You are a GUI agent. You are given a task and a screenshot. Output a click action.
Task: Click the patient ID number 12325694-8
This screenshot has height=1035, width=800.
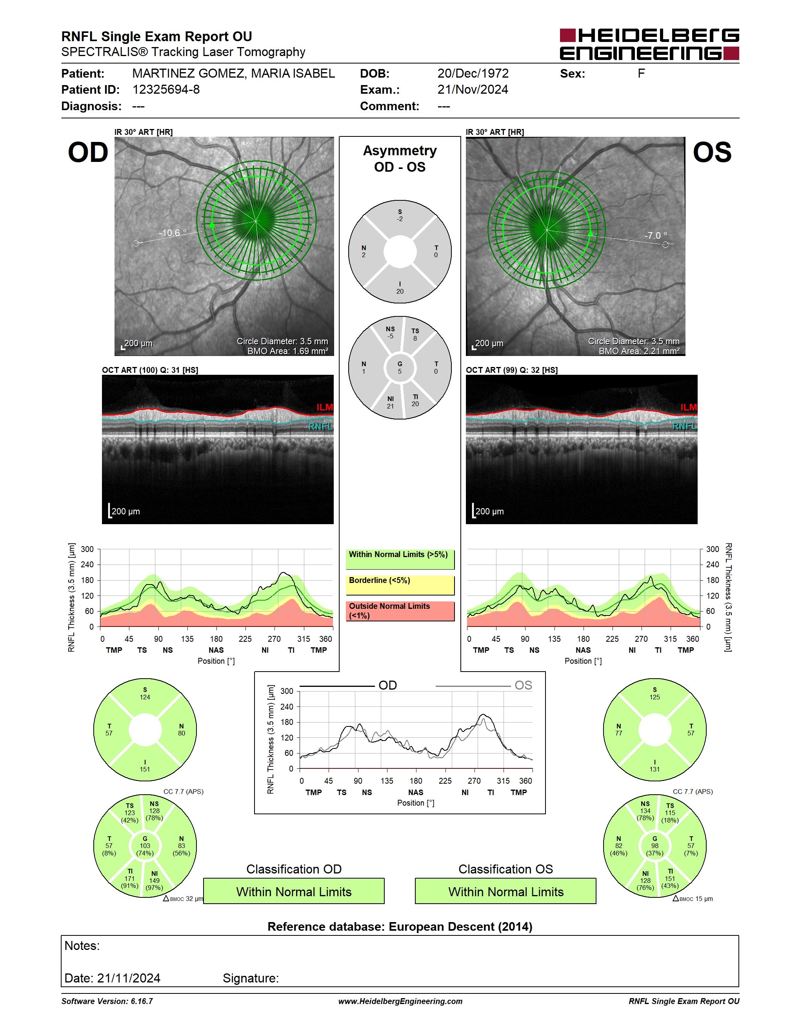(x=166, y=89)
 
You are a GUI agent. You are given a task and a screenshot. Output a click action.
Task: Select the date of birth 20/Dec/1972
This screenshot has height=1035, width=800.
(x=473, y=73)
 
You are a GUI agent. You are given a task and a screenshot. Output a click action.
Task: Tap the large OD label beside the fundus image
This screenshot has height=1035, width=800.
(x=88, y=153)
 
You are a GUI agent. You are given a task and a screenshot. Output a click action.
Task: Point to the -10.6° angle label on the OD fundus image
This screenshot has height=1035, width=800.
(x=173, y=233)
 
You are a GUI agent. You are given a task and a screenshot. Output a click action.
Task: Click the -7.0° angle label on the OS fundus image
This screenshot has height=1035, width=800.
(x=655, y=236)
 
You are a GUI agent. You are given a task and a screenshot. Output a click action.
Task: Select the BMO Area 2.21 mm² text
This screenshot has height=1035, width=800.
(x=639, y=351)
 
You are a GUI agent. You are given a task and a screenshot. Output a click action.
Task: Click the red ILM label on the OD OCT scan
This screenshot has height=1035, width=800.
(x=325, y=407)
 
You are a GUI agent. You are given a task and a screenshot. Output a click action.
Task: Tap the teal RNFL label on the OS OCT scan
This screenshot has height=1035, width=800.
(x=685, y=427)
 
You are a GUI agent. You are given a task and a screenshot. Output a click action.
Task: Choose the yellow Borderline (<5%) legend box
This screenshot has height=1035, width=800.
(x=400, y=585)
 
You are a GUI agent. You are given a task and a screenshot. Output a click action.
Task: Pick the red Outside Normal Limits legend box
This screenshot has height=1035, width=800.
(x=400, y=611)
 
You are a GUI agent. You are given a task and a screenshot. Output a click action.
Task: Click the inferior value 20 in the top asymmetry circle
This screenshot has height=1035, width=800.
(x=400, y=291)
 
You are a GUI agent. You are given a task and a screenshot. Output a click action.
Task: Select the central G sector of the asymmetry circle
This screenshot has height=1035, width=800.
(x=400, y=368)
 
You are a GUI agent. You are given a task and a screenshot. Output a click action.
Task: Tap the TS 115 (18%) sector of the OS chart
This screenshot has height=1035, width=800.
(x=670, y=813)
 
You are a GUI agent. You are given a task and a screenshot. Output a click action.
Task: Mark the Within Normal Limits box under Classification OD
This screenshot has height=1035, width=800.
(x=294, y=892)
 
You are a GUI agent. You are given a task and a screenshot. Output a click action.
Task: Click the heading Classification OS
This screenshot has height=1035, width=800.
(x=506, y=869)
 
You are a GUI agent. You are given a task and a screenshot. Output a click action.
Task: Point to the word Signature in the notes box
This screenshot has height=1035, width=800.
(x=251, y=978)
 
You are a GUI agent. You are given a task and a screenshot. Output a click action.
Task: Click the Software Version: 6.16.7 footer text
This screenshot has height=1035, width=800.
(x=107, y=1001)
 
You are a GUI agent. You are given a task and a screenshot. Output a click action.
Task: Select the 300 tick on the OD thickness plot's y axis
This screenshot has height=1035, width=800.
(x=87, y=549)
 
